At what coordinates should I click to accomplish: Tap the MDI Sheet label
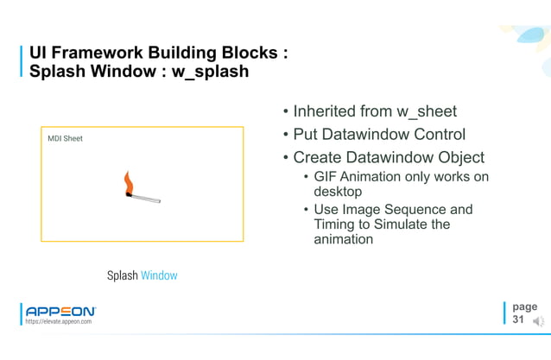(x=65, y=138)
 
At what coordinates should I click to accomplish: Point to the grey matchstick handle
(x=146, y=199)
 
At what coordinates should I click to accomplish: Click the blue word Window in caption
(x=160, y=275)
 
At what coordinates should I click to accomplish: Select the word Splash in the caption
(x=123, y=275)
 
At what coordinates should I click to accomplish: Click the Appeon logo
(x=60, y=310)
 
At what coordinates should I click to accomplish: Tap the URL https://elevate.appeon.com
(x=59, y=321)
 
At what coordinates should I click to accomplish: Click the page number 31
(x=518, y=319)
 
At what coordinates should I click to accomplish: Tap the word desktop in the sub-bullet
(x=338, y=192)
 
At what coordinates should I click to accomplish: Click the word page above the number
(x=524, y=306)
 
